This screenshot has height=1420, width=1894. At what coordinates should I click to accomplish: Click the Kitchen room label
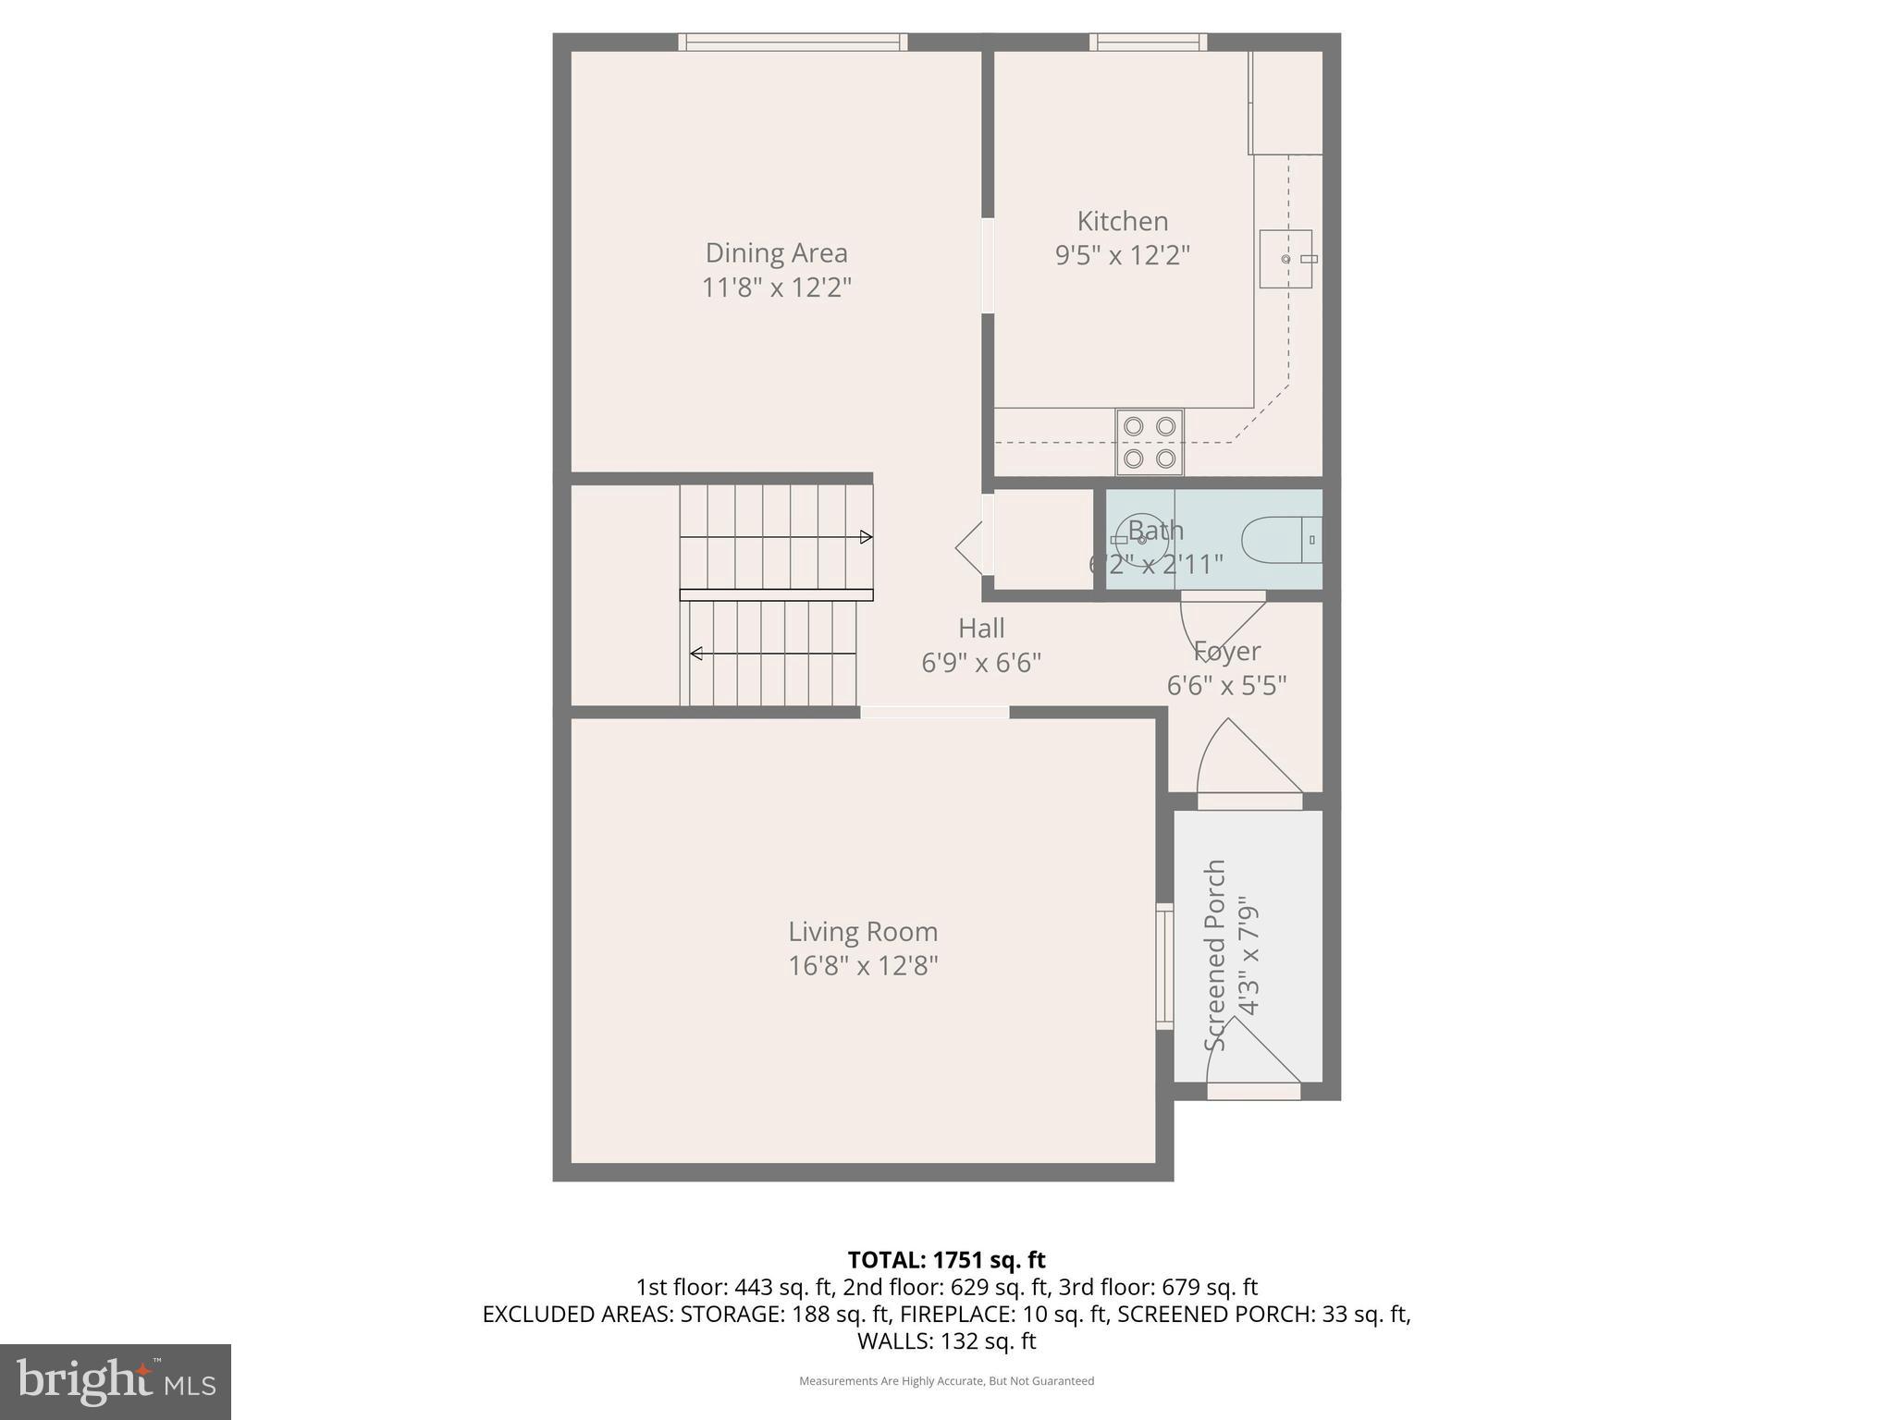coord(1122,221)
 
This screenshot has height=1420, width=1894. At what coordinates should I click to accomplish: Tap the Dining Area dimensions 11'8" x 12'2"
coord(776,288)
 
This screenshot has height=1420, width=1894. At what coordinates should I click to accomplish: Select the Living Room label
coord(862,931)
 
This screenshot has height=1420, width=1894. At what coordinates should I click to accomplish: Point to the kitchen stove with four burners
coord(1150,441)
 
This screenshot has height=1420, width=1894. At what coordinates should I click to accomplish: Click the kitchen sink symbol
coord(1285,259)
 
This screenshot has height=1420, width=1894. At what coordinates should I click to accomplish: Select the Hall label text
coord(981,629)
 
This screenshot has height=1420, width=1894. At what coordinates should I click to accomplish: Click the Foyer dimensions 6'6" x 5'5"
coord(1226,686)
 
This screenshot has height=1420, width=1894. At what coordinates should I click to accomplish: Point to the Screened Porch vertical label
coord(1215,954)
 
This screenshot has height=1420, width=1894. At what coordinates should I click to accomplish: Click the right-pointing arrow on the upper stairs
coord(866,537)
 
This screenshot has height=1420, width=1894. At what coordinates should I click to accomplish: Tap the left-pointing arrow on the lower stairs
coord(696,654)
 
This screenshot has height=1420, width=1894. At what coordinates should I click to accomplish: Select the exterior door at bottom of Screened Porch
coord(1253,1091)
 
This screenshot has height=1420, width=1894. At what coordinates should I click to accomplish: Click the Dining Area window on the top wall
coord(793,42)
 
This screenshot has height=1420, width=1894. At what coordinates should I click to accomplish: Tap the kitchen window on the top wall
coord(1148,42)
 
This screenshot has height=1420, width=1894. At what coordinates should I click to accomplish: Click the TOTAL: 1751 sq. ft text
coord(946,1260)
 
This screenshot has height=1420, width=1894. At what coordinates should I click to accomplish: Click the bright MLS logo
coord(115,1381)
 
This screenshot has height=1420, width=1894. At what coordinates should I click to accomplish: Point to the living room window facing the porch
coord(1164,966)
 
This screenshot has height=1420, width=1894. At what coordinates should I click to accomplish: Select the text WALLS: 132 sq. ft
coord(946,1340)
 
